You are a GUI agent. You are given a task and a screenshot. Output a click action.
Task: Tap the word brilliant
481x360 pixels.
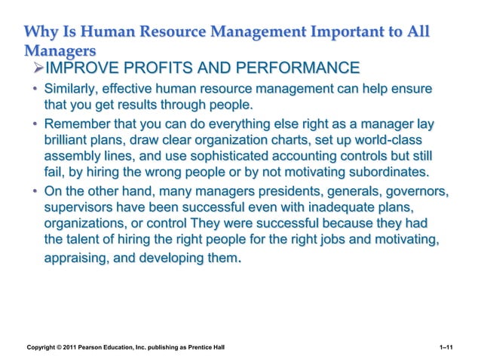pyautogui.click(x=68, y=141)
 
